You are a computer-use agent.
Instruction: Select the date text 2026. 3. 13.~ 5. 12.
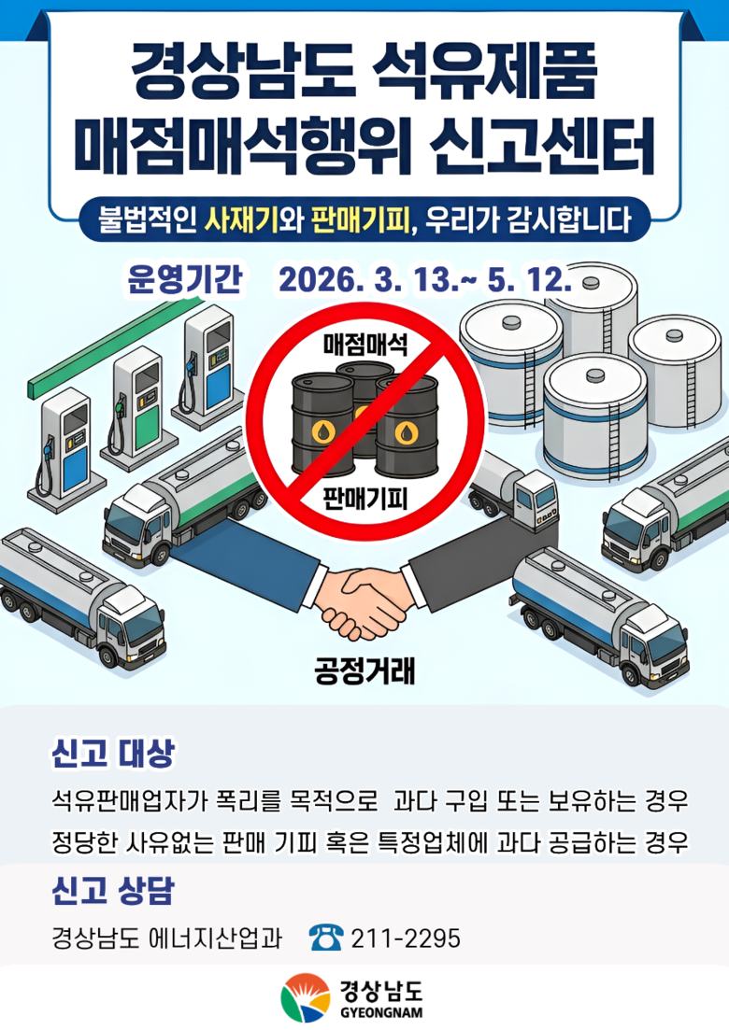coord(425,279)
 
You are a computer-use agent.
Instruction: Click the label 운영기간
coord(184,279)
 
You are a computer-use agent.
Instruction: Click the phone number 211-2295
coord(406,938)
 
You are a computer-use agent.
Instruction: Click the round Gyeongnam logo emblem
coord(305,998)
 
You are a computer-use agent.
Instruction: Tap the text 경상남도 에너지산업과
coord(166,938)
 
